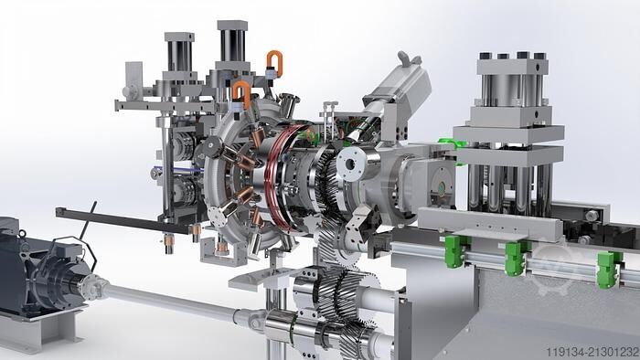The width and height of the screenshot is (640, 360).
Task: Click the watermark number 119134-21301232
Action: [592, 352]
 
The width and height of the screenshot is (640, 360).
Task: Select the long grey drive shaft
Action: [172, 301]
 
